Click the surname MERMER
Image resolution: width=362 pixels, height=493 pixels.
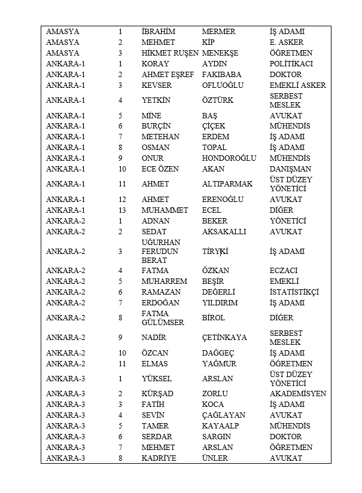click(x=218, y=32)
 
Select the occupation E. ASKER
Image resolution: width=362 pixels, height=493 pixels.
click(x=287, y=42)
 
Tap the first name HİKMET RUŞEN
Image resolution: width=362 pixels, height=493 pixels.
click(x=169, y=53)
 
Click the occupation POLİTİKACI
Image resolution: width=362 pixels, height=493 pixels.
click(x=291, y=64)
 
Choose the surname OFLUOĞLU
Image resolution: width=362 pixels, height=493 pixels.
click(x=223, y=85)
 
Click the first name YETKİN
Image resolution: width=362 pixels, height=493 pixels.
click(x=156, y=100)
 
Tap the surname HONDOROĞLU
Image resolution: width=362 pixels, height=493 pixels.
click(x=229, y=158)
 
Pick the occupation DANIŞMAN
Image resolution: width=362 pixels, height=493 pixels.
click(x=290, y=169)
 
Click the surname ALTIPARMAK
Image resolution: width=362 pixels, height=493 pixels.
click(x=227, y=184)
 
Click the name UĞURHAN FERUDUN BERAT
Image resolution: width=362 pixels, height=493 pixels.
click(x=160, y=252)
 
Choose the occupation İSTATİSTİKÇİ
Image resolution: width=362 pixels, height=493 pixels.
click(x=294, y=292)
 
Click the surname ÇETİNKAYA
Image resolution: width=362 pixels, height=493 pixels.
click(x=224, y=338)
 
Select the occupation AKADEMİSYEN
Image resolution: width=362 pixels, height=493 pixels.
click(x=298, y=394)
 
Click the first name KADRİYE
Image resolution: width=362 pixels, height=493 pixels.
click(x=159, y=458)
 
